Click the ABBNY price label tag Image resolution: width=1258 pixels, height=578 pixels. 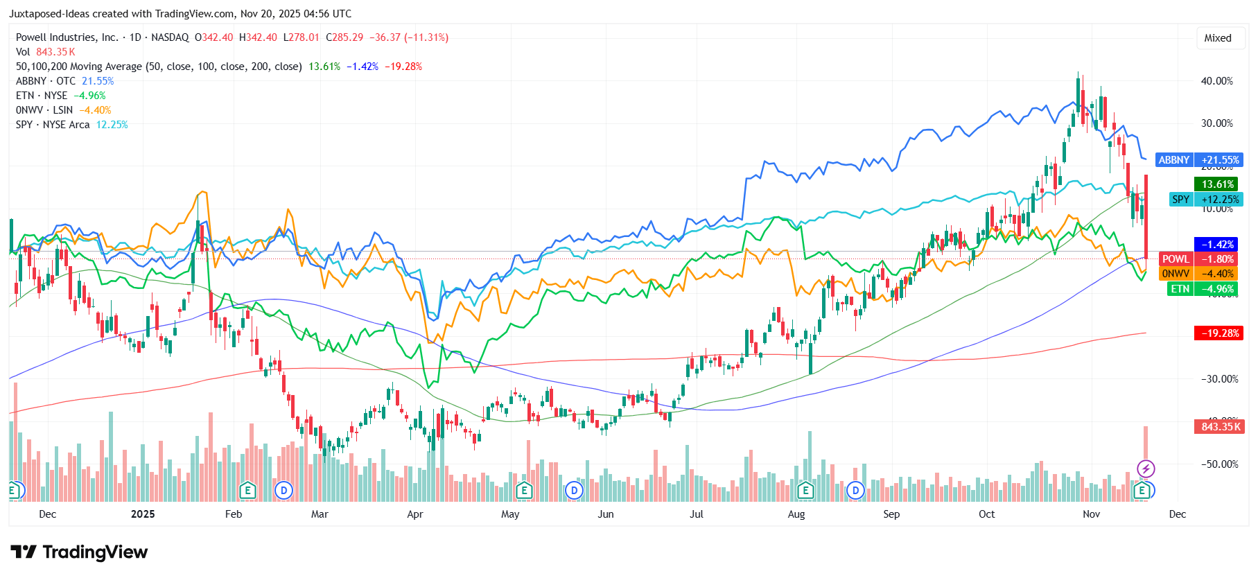pos(1199,160)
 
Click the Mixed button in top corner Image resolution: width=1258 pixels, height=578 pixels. pos(1217,38)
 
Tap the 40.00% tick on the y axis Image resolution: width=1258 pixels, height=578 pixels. pos(1216,81)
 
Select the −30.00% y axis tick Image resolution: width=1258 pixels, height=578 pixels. pos(1216,379)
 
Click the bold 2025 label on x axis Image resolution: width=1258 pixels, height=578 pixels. pos(143,514)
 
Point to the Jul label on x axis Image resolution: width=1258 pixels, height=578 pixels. pos(696,514)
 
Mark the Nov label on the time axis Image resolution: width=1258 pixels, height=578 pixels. pos(1091,514)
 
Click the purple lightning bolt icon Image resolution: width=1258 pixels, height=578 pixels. pos(1146,469)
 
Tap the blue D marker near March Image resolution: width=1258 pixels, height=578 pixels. pos(283,491)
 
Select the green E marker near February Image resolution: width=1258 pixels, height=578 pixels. pos(247,491)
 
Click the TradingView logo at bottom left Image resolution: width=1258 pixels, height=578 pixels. pos(79,552)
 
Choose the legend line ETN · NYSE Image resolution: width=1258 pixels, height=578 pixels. pos(42,96)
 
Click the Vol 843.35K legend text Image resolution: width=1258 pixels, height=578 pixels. pos(45,52)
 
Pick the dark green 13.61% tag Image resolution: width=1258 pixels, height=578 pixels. pos(1216,184)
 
